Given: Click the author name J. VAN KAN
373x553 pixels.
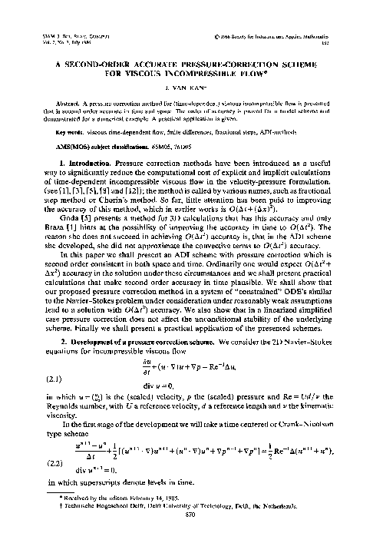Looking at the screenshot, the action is pyautogui.click(x=186, y=68).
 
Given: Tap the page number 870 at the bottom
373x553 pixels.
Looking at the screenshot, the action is pyautogui.click(x=186, y=536).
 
